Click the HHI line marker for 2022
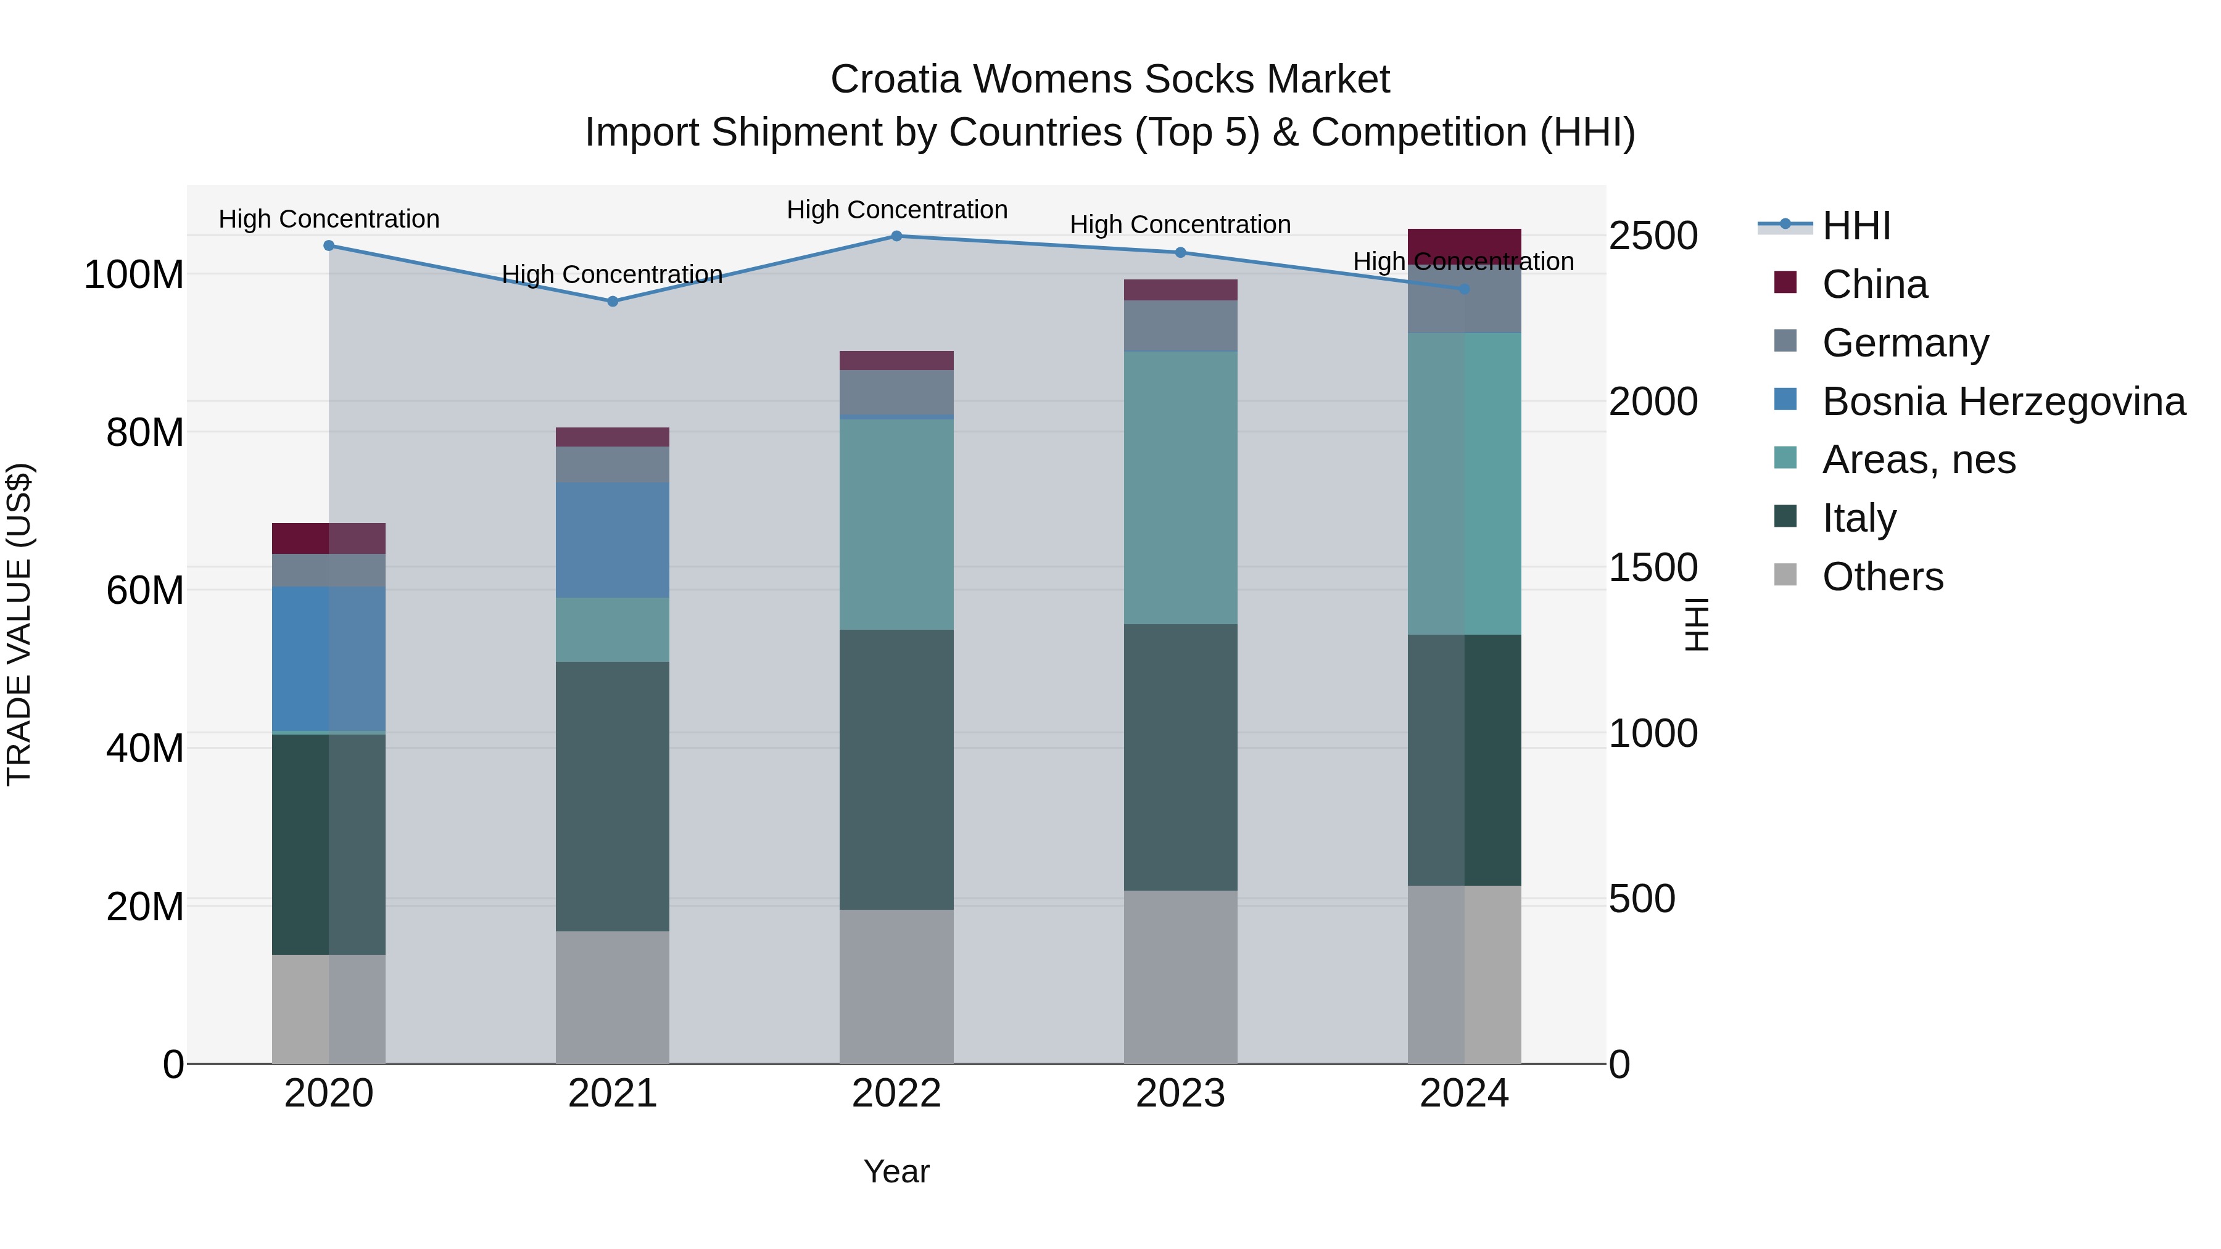point(896,236)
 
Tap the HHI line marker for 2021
point(612,302)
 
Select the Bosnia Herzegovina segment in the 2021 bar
point(612,540)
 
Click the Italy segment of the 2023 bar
point(1180,757)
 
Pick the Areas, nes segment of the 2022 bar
point(896,524)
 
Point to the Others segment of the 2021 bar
point(612,997)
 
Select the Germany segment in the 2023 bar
point(1180,326)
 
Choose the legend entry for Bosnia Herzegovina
point(2003,402)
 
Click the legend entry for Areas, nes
point(1918,460)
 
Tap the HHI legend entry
point(1855,226)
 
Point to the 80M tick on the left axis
point(145,433)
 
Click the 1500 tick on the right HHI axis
point(1653,568)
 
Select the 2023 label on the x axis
point(1180,1094)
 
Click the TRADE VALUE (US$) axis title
point(19,624)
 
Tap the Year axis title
point(896,1171)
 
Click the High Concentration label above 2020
point(328,219)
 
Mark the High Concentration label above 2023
point(1180,225)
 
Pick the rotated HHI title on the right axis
point(1696,624)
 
